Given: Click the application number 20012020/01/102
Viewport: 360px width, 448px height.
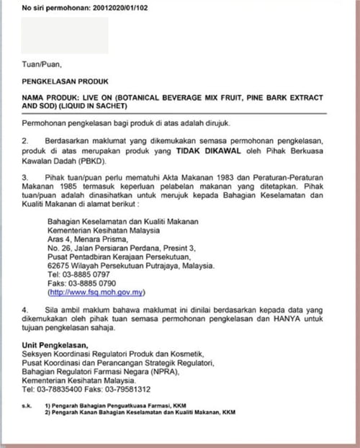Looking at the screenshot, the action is (117, 9).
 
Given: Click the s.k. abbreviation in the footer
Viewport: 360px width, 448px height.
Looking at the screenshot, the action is (27, 406).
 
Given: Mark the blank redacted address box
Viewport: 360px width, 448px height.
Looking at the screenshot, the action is (65, 35).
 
